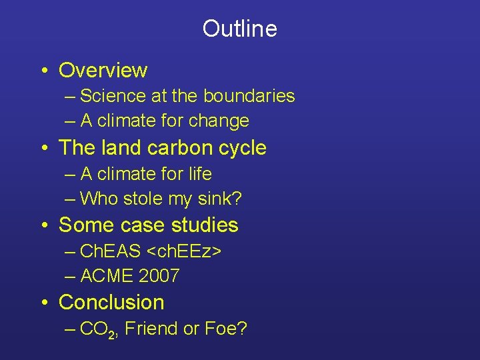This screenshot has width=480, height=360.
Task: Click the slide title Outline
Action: tap(239, 29)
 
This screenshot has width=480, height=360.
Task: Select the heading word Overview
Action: tap(103, 70)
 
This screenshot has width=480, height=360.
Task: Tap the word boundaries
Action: tap(249, 96)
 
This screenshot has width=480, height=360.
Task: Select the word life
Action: tap(199, 174)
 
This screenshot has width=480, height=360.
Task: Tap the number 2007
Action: tap(159, 276)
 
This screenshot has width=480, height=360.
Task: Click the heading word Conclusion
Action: tap(111, 303)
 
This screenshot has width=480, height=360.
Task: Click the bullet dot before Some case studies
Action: tap(43, 226)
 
